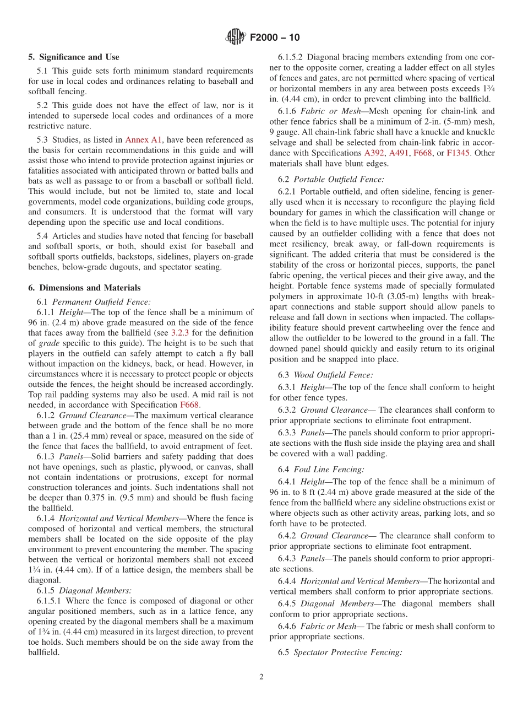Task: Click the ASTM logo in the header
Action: (x=236, y=37)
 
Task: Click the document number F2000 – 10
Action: (x=275, y=37)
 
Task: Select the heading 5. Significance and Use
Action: (x=74, y=57)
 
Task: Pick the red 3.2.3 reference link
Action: (x=179, y=333)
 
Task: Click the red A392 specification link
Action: (x=374, y=153)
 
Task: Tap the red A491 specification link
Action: (x=399, y=153)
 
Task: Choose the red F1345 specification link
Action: (x=458, y=153)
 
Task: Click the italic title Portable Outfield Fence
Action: (x=339, y=179)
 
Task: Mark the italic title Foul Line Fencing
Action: (x=329, y=470)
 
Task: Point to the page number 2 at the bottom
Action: (x=261, y=677)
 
